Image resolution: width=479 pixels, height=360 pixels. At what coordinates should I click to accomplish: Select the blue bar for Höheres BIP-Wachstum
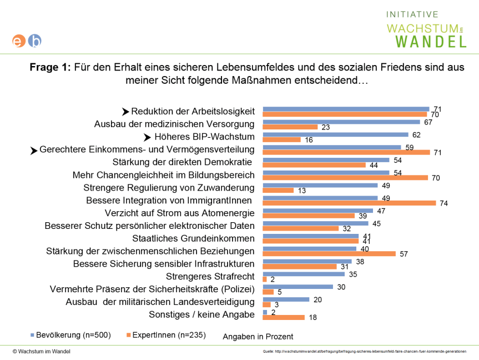click(335, 134)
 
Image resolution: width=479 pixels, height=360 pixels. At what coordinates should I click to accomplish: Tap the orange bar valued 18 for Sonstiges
click(283, 318)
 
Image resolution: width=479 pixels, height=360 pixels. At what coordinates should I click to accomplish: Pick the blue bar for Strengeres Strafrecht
click(303, 273)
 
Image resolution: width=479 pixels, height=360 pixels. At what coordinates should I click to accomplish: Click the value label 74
click(443, 204)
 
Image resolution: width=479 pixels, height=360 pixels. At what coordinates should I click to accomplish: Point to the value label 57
click(404, 254)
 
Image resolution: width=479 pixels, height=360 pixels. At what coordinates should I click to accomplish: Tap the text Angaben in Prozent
click(258, 337)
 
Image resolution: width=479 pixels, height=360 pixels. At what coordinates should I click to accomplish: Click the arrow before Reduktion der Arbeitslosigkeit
click(125, 112)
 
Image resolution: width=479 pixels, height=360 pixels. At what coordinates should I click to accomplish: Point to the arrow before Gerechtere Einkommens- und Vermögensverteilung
click(34, 150)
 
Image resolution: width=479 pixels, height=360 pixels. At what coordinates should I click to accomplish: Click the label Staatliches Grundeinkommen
click(193, 238)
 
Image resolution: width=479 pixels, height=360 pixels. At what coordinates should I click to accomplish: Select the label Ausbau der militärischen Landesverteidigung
click(160, 302)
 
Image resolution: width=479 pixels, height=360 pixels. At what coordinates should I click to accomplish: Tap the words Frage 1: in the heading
click(51, 68)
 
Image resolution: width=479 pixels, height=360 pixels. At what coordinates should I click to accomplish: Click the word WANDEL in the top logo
click(431, 41)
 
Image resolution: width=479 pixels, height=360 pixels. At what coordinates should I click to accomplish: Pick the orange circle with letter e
click(19, 41)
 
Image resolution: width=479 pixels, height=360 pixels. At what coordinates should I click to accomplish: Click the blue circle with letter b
click(34, 41)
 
